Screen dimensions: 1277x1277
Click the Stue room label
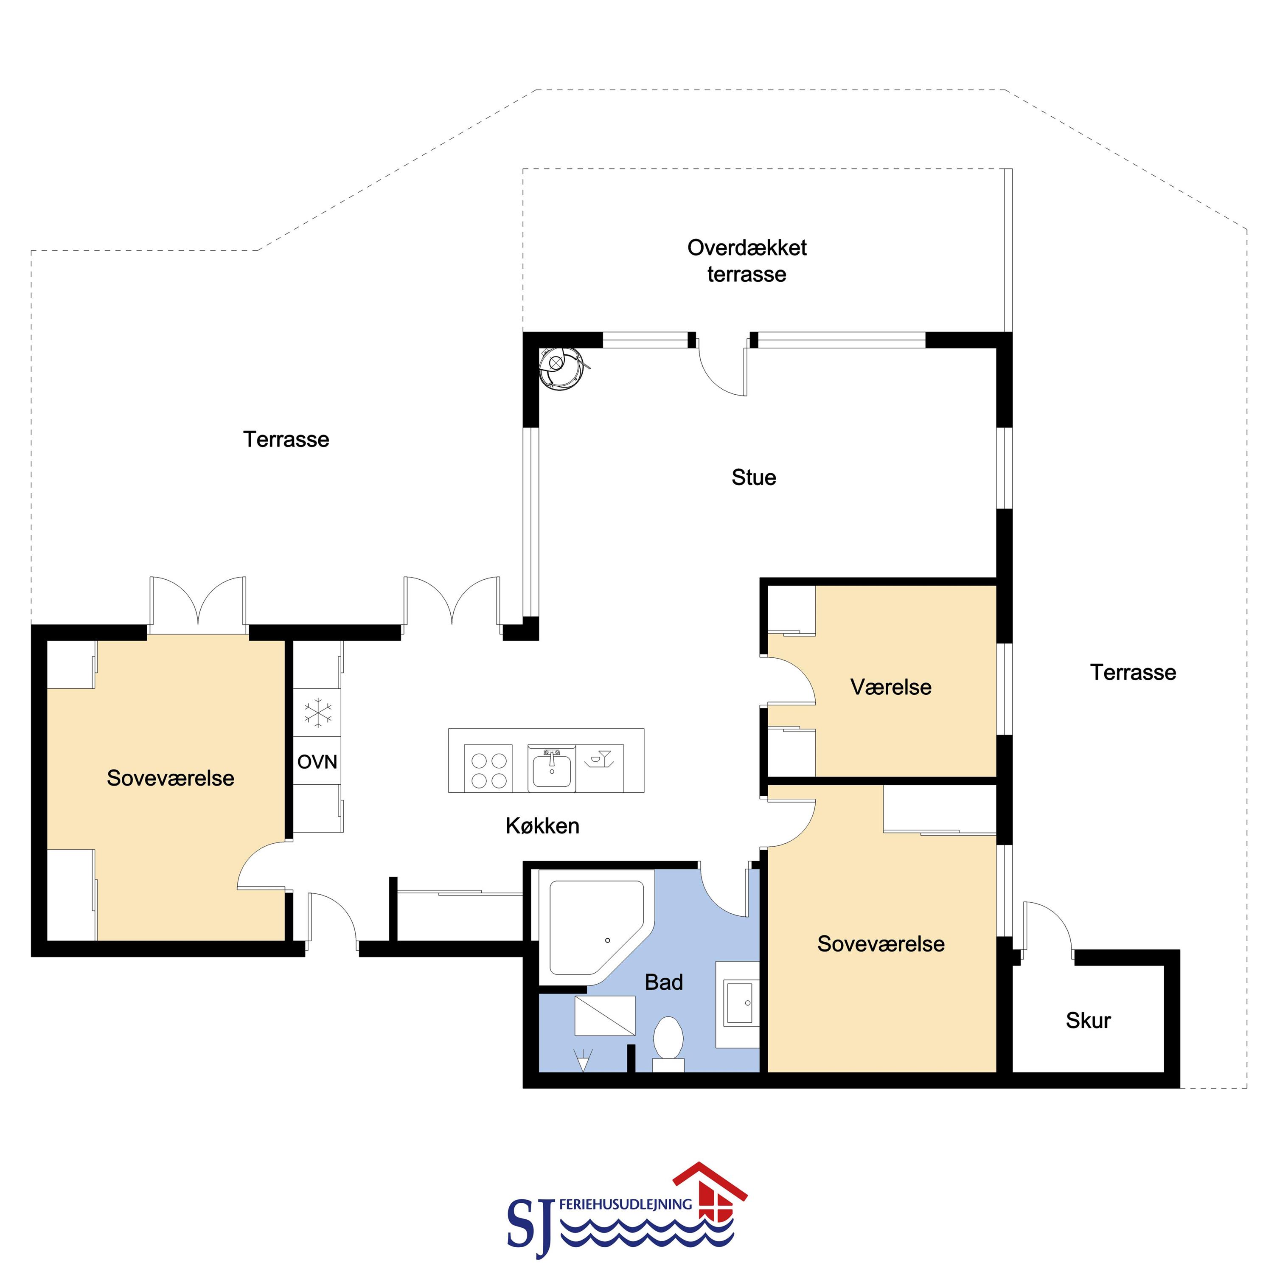[x=753, y=477]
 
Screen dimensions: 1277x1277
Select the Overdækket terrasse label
[x=747, y=261]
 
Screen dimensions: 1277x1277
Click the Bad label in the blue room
[x=664, y=982]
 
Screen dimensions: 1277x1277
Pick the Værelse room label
[x=891, y=687]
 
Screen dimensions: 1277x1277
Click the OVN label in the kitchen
[x=317, y=762]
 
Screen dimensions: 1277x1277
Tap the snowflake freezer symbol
[x=318, y=713]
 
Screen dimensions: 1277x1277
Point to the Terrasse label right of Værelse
[x=1133, y=672]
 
